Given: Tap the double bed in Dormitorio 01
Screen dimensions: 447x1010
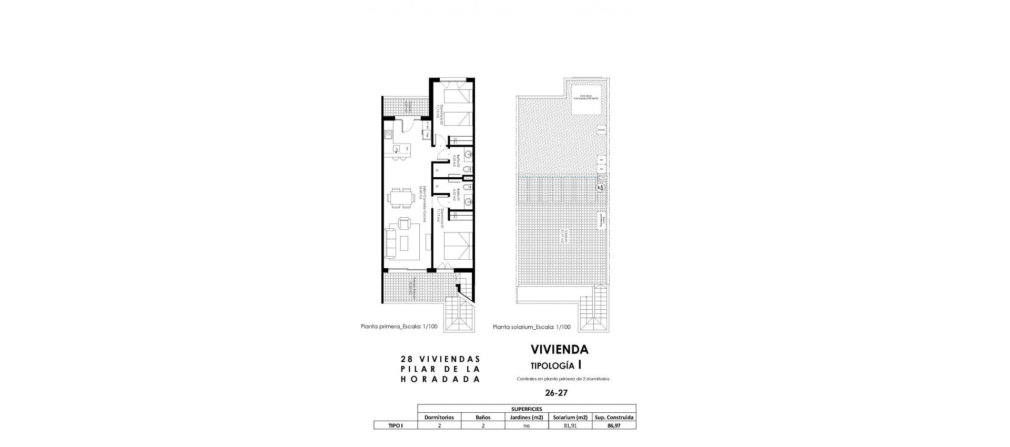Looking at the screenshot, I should point(456,246).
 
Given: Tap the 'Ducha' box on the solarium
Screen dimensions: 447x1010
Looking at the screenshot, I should point(601,129).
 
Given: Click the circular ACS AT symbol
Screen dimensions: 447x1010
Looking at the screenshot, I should point(599,187).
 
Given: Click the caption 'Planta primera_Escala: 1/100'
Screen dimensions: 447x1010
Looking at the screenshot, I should point(399,326).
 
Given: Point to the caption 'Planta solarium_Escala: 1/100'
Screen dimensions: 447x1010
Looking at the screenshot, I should point(531,327).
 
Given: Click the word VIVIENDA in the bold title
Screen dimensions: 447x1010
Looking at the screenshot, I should point(560,349).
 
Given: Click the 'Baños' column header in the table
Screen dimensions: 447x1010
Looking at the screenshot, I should point(482,417).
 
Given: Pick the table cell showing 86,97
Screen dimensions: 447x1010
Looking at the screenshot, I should point(614,425).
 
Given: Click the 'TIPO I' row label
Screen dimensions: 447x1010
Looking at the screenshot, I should point(395,425).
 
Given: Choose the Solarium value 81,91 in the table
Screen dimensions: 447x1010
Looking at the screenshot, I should point(570,425).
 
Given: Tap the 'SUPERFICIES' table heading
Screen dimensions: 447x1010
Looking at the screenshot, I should point(527,409).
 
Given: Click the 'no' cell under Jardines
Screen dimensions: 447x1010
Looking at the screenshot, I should point(526,425).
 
